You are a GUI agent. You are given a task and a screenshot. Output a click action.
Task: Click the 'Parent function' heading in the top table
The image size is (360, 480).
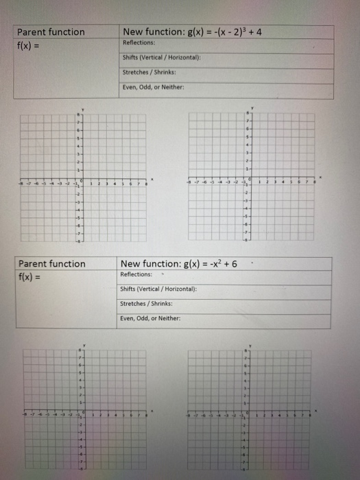coord(51,32)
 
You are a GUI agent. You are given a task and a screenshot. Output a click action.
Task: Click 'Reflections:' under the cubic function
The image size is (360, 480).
coord(139,43)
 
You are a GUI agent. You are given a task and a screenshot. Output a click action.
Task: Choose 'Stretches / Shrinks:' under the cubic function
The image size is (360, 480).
coord(149,72)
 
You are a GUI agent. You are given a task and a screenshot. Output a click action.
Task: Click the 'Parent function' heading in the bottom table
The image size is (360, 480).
coord(52,264)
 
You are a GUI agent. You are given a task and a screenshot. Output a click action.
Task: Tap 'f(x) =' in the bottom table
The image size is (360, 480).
coord(31,277)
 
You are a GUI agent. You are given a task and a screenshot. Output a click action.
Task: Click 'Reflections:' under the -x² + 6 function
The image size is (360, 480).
coord(136,274)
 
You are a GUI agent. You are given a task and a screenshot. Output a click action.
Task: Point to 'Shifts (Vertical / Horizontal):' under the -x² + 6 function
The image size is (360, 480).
coord(158,289)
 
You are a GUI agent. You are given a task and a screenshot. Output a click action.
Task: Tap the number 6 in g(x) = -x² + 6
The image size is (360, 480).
coord(235,264)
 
